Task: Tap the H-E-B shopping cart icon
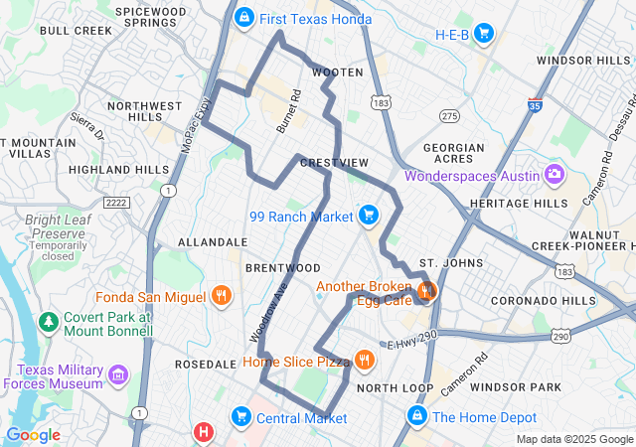(484, 35)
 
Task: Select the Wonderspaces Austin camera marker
(555, 176)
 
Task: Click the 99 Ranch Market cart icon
(369, 215)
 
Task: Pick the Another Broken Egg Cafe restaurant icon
(427, 291)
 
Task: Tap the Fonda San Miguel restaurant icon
(221, 296)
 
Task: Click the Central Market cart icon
(240, 415)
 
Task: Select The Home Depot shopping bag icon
(417, 416)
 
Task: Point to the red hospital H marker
(204, 432)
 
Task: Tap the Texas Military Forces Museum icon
(119, 374)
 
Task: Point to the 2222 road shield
(117, 202)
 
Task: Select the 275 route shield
(450, 116)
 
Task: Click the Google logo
(33, 434)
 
